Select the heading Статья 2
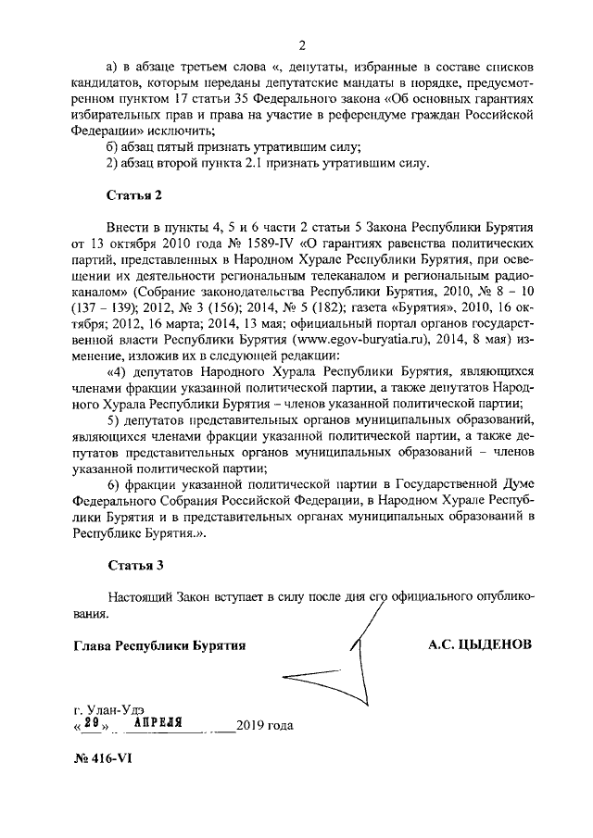[x=135, y=196]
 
